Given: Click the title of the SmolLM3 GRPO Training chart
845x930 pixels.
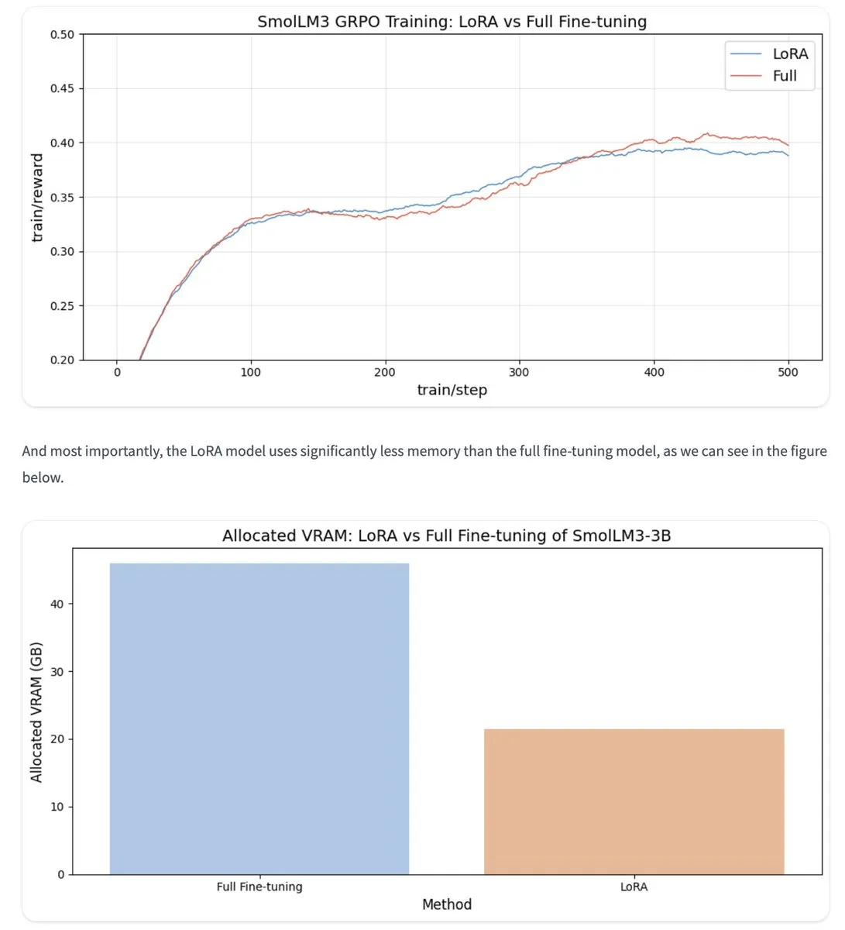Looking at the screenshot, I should [452, 22].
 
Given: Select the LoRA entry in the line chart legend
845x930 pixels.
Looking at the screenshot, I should [789, 53].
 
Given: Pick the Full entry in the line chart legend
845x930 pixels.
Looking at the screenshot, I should [784, 76].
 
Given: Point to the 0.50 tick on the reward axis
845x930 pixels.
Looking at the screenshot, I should [62, 34].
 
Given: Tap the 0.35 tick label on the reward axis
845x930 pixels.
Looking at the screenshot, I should [62, 198].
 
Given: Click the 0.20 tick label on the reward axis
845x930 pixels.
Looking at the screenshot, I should [62, 360].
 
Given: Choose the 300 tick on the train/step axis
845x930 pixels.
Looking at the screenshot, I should [519, 372].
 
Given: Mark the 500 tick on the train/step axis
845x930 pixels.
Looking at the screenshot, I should [788, 372].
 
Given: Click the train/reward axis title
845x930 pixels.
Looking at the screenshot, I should [37, 198].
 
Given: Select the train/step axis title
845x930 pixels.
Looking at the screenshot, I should [452, 390].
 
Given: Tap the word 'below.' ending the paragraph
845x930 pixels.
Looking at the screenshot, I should [43, 477].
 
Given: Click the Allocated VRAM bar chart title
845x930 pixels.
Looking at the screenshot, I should [446, 536].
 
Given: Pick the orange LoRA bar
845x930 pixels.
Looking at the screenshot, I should [634, 801].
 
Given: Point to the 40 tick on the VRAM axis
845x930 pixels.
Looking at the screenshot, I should [57, 604].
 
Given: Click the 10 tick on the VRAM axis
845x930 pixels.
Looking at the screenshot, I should [57, 807].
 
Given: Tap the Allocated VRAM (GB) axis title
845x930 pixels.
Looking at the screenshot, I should [36, 711].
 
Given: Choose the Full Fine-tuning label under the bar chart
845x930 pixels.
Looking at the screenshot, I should [259, 887].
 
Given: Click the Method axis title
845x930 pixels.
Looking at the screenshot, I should [447, 904].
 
